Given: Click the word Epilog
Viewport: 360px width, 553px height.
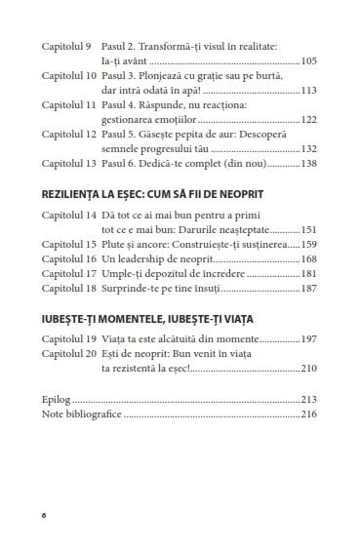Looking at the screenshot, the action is pos(58,400).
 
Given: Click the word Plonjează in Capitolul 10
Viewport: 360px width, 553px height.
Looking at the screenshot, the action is pos(162,76).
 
